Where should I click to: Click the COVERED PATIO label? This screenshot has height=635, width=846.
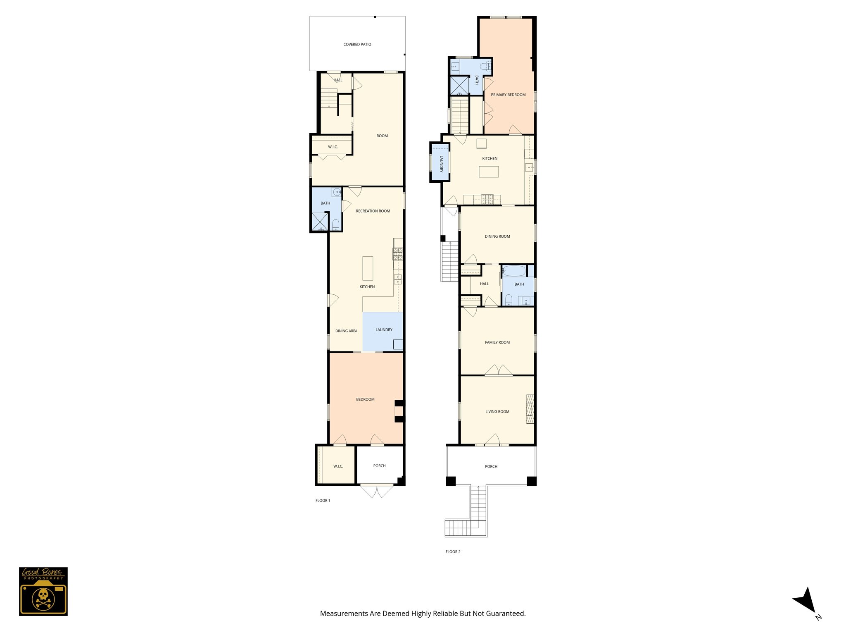tap(357, 44)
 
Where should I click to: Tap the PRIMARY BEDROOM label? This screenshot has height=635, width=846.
tap(508, 95)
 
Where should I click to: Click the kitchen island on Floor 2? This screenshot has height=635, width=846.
tap(489, 172)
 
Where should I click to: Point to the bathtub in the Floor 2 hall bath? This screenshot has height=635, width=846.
tap(514, 271)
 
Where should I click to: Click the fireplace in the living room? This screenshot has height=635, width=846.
tap(530, 409)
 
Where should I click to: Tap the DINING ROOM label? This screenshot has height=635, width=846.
tap(497, 236)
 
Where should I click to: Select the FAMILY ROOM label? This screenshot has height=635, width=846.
tap(497, 342)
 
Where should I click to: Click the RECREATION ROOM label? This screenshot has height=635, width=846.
tap(373, 211)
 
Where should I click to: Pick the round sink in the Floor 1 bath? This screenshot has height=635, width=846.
tap(337, 192)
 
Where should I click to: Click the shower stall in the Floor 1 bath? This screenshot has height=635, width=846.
tap(319, 221)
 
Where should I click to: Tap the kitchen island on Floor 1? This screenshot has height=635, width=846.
tap(368, 268)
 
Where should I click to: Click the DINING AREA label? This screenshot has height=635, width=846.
tap(346, 331)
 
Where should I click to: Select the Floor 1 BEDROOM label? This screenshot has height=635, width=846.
tap(365, 399)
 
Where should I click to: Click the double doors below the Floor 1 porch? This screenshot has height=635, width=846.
tap(376, 491)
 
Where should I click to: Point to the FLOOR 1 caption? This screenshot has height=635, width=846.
tap(323, 501)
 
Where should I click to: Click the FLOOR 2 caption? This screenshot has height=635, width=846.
tap(453, 551)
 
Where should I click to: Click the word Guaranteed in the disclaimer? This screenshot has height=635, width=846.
tap(505, 614)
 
